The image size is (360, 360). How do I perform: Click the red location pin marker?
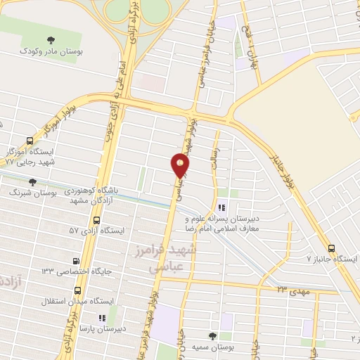181,166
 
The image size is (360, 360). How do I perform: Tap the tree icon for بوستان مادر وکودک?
49,40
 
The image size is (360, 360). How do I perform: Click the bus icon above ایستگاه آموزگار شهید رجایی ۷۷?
28,141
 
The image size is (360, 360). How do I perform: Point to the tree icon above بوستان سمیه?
213,335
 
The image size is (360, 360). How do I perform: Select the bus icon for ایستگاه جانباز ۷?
333,247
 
